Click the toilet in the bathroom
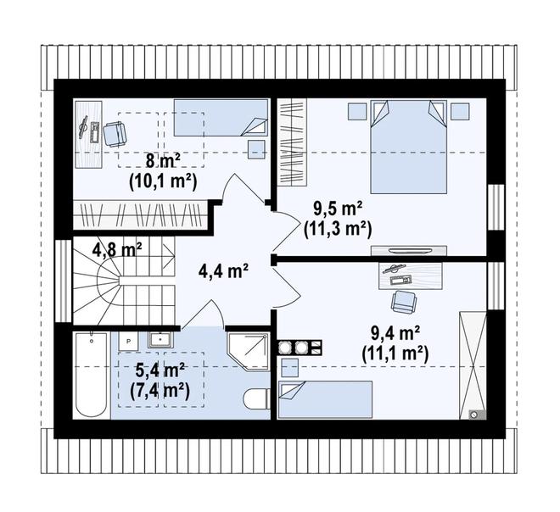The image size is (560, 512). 256,399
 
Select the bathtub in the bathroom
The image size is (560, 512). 92,375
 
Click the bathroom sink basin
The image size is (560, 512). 160,340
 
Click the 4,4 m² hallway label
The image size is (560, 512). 223,272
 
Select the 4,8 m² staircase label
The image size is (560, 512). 117,250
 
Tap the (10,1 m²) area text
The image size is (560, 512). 163,183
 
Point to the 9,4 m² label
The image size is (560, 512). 395,334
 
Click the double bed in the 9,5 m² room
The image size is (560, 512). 409,147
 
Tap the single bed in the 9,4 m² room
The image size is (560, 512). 325,399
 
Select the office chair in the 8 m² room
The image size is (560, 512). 115,133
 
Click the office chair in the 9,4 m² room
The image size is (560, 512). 404,301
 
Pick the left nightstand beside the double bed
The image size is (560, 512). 357,111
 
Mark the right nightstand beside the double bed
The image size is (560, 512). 460,111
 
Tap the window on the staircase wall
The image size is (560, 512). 64,281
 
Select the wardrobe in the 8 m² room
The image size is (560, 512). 140,215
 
